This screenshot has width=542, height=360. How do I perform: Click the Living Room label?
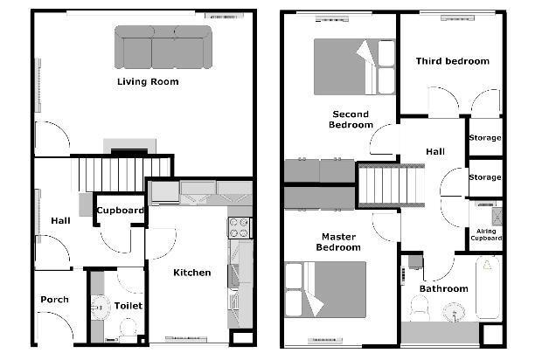(x=148, y=82)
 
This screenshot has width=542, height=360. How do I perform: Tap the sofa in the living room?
(x=163, y=47)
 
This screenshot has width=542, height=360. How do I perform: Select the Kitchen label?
(x=191, y=273)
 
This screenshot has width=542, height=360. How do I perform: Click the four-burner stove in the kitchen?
(x=240, y=228)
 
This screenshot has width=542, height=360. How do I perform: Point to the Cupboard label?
(x=120, y=210)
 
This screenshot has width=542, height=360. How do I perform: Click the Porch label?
(x=54, y=299)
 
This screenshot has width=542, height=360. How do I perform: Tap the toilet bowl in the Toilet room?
(x=128, y=329)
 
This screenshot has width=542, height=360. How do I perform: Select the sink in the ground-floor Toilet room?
(x=101, y=307)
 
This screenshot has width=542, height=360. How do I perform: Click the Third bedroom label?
(x=453, y=61)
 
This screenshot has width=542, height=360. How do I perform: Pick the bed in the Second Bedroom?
(x=354, y=66)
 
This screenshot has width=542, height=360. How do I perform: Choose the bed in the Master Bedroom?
(x=325, y=289)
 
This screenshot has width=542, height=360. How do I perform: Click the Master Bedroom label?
(x=338, y=242)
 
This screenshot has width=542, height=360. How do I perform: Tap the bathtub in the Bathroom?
(x=488, y=287)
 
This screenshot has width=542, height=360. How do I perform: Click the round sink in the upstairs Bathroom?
(x=454, y=312)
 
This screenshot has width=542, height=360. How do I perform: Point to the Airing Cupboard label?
(x=486, y=234)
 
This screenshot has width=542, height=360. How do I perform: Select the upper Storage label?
(x=485, y=137)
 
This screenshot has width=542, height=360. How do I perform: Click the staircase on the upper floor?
(x=392, y=185)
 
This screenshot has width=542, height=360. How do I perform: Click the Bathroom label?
(x=444, y=288)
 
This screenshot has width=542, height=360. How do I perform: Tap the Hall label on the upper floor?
(x=435, y=151)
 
